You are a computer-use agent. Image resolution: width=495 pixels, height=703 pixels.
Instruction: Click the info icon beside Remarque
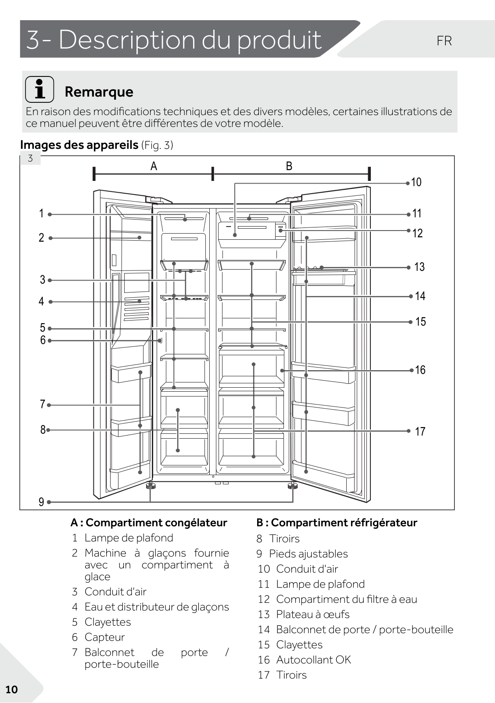coord(39,89)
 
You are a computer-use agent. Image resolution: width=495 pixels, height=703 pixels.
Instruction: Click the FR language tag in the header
coord(444,41)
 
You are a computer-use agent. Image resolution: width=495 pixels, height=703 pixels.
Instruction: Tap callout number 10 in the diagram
coord(416,182)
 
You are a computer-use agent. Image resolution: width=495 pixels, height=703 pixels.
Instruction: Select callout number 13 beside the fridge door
coord(419,267)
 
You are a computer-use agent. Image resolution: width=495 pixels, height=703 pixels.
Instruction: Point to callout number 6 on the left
coord(43,340)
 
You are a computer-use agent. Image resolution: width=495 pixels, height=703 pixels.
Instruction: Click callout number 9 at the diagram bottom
coord(41,502)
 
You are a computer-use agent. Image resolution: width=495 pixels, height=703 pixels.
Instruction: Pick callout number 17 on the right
coord(420,432)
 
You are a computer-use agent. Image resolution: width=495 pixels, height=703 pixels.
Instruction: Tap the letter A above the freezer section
coord(154,166)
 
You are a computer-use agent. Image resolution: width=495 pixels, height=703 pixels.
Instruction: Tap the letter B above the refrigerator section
coord(289,166)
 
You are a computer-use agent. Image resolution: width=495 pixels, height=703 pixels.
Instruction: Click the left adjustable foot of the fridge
coord(151,486)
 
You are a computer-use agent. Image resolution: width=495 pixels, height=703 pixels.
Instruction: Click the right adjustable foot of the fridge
coord(292,486)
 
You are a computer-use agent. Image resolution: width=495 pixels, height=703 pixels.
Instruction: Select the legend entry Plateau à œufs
coord(312,614)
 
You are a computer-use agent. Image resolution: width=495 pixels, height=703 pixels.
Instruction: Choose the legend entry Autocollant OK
coord(313,660)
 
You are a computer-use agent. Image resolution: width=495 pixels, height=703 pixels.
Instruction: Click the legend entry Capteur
coord(104,637)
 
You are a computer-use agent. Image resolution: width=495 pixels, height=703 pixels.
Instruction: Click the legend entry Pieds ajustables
coord(308,554)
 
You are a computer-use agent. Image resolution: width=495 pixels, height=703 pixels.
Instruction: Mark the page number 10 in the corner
coord(11,689)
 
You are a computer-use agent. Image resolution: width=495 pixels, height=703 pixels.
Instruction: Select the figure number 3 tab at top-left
coord(30,159)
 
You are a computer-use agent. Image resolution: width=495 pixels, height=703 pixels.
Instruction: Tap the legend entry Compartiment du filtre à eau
coord(346,599)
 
